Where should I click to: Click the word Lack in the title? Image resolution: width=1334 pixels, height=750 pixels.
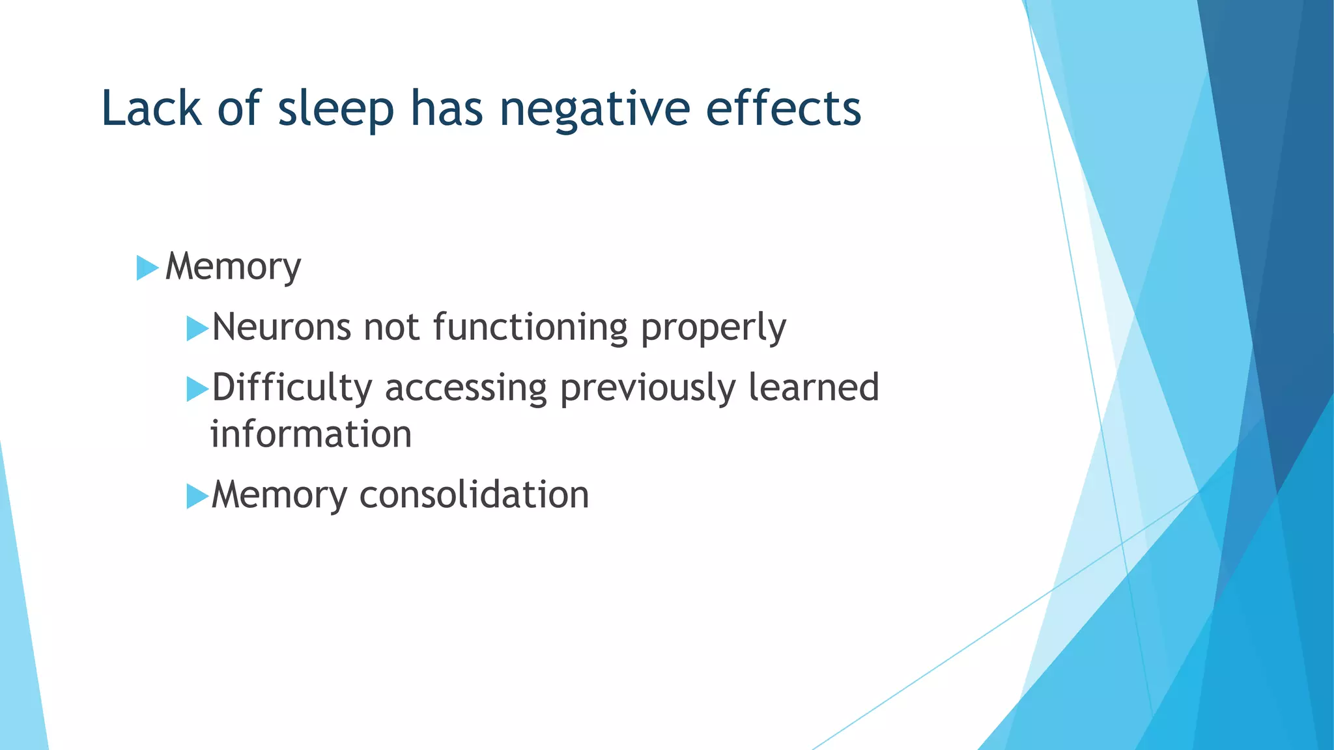pos(151,108)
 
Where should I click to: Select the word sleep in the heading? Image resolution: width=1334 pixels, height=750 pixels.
pos(335,109)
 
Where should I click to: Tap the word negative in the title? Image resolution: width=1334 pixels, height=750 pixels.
pos(594,109)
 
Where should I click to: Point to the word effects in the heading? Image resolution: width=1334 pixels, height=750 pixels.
pos(783,108)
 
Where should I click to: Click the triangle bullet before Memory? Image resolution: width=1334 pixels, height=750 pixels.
pos(147,268)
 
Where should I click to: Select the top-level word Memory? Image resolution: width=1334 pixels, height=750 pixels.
pos(233,267)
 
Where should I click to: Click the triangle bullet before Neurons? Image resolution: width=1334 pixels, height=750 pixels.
pos(197,328)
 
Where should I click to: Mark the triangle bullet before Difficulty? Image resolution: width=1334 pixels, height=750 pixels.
pos(197,389)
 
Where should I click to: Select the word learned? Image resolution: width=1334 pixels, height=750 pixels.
pos(814,387)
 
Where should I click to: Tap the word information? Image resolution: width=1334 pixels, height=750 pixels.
pos(311,434)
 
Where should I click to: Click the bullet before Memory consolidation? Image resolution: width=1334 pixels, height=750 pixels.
pos(197,496)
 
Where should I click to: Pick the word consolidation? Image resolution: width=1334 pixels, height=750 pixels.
pos(474,495)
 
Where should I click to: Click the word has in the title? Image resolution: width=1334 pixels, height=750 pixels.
pos(446,108)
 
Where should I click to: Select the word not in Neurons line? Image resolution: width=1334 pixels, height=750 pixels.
pos(391,327)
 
